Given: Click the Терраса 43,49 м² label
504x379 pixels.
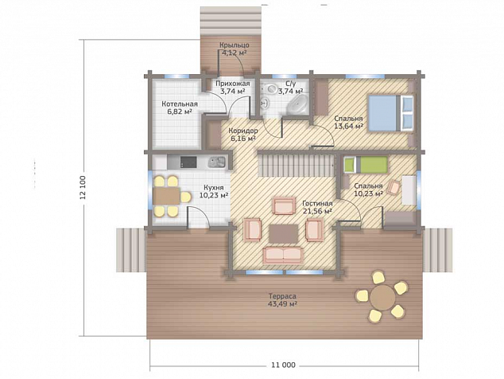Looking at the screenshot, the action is [282, 300].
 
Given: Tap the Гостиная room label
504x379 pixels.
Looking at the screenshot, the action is [317, 204].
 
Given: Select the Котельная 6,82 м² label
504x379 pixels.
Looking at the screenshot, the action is [180, 107].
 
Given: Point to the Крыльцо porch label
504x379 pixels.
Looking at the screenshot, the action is [235, 45].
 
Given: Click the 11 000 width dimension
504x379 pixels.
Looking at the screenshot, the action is [283, 365].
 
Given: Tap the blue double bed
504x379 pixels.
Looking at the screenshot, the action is [390, 113].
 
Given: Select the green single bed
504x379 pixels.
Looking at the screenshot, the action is [366, 165].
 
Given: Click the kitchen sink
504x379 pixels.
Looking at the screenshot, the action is [217, 162].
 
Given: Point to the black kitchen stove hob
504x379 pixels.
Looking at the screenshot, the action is [188, 162].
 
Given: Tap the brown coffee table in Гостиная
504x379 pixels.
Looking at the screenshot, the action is [284, 234].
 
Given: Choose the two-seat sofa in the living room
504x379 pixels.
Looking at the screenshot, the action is [283, 256].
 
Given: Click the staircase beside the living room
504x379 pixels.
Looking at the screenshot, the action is [297, 165].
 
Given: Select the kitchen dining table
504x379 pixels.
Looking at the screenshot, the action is [166, 196].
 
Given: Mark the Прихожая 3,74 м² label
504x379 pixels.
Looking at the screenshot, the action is [233, 88].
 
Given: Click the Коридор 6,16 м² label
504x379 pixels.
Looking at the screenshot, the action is [243, 135].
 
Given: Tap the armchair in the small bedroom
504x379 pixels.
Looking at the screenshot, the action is [394, 187].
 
